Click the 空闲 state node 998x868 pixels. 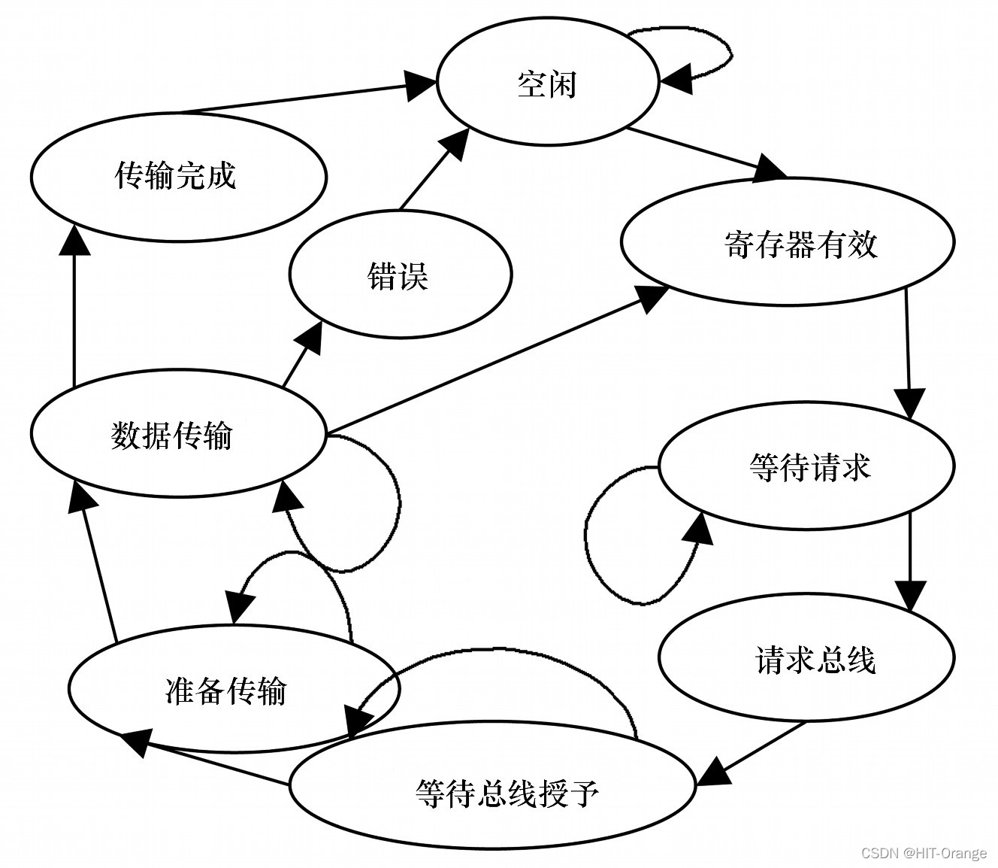547,83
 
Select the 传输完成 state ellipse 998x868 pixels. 178,176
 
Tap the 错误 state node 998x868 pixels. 400,275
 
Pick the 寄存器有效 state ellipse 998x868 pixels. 787,242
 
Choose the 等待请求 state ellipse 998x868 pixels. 806,466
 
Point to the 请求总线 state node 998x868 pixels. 806,659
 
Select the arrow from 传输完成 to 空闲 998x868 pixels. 301,96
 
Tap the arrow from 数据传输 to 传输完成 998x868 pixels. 74,316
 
